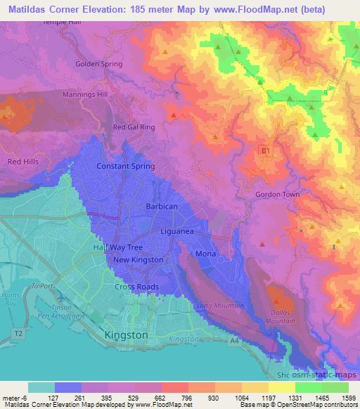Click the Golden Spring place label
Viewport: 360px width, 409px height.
(x=98, y=64)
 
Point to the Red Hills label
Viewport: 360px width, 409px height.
(x=22, y=162)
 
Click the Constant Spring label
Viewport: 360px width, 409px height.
(x=125, y=166)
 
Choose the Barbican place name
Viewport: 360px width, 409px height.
(x=162, y=207)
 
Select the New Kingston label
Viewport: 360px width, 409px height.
(x=139, y=260)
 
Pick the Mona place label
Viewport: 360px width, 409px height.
(x=205, y=253)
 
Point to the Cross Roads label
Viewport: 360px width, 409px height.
(x=136, y=287)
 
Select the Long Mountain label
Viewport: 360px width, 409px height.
(x=220, y=306)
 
